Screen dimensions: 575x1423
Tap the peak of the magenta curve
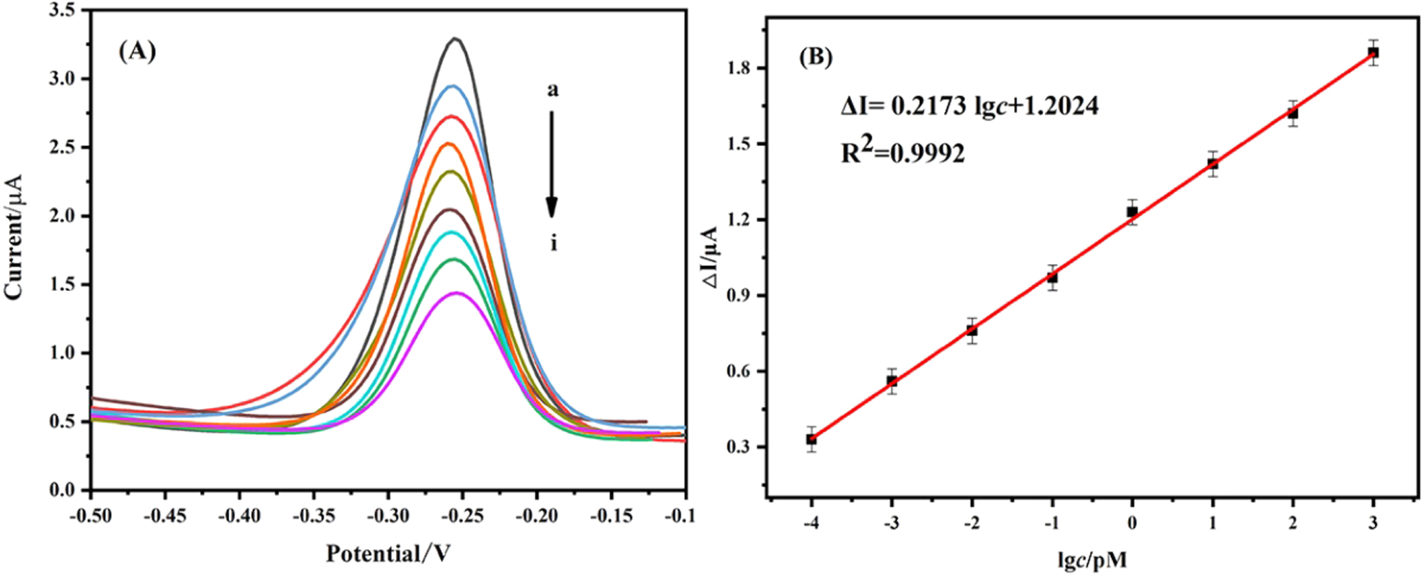(456, 293)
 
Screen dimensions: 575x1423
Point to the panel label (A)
(137, 52)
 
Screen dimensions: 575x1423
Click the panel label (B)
(816, 57)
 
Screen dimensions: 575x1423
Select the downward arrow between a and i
(551, 165)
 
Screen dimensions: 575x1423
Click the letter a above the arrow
(553, 90)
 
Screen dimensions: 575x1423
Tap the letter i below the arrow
(553, 243)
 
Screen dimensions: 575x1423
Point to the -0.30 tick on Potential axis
(388, 515)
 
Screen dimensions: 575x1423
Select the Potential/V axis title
(388, 554)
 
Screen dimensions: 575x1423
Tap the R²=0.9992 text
(903, 153)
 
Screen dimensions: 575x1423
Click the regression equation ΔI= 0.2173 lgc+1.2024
(969, 106)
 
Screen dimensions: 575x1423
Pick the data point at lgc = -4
(811, 439)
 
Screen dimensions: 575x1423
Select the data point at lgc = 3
(1373, 53)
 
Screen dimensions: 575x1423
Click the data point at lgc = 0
(1132, 212)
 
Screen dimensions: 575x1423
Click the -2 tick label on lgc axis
(971, 523)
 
